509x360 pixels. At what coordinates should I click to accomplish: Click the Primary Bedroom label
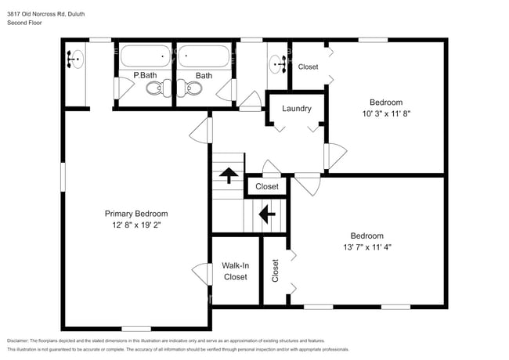(x=136, y=213)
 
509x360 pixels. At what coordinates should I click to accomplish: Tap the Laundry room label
(x=297, y=109)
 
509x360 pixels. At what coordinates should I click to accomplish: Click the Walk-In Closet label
(x=235, y=271)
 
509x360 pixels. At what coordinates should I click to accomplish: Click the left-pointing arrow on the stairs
(x=266, y=211)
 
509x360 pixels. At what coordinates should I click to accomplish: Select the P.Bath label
(x=146, y=76)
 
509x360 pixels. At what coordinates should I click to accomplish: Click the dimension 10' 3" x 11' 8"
(x=386, y=113)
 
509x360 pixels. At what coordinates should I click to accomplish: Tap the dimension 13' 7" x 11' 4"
(x=366, y=247)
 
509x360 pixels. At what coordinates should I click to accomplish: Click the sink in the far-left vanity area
(x=75, y=58)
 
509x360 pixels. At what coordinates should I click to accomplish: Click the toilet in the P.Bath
(x=156, y=90)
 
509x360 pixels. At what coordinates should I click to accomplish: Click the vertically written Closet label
(x=275, y=271)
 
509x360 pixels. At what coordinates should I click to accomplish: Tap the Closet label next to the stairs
(x=267, y=187)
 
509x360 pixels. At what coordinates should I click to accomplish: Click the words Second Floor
(x=24, y=23)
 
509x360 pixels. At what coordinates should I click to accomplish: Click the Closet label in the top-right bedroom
(x=309, y=67)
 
